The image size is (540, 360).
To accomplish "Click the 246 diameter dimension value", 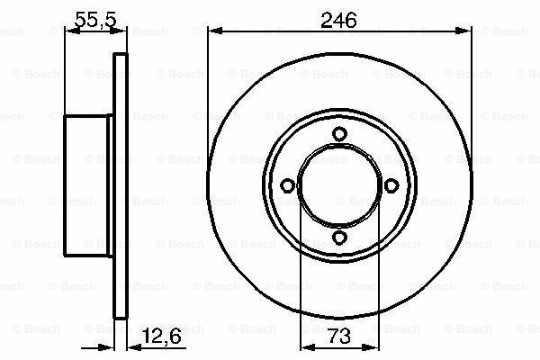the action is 338,21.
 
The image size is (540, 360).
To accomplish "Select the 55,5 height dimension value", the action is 96,19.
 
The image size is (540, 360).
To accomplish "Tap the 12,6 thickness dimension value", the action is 161,336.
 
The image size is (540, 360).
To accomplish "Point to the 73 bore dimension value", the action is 339,336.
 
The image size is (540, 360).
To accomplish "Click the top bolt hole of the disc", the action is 339,134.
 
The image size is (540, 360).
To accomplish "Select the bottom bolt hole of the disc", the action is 339,238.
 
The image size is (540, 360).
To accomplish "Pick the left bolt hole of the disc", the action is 288,186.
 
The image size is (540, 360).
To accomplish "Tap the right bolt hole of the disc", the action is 391,186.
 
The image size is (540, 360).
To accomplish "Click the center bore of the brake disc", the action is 339,186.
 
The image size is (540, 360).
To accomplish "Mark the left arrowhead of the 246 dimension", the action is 215,31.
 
